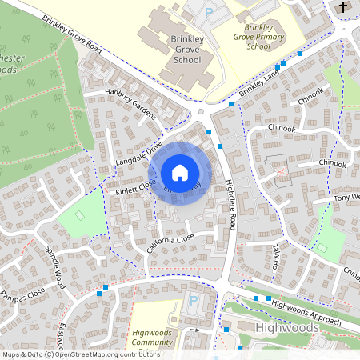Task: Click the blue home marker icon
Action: point(180,173)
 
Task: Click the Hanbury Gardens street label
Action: point(130,103)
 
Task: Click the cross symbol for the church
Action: point(343,8)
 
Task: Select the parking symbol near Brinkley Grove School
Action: point(210,12)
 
